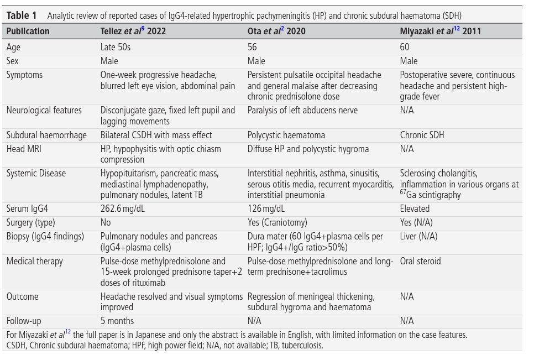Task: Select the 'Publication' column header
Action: pos(28,31)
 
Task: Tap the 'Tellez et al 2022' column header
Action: pos(133,31)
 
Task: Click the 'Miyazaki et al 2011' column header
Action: pos(440,31)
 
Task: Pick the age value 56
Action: pos(253,48)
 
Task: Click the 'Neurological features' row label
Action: pos(44,110)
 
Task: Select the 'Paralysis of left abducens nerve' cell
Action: pos(302,110)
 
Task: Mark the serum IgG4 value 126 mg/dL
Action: pos(267,209)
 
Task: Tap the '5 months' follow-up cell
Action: pos(117,321)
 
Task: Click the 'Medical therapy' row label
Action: pos(34,261)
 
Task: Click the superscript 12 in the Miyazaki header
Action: pos(457,29)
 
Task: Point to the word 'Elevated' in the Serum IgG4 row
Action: pos(416,209)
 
